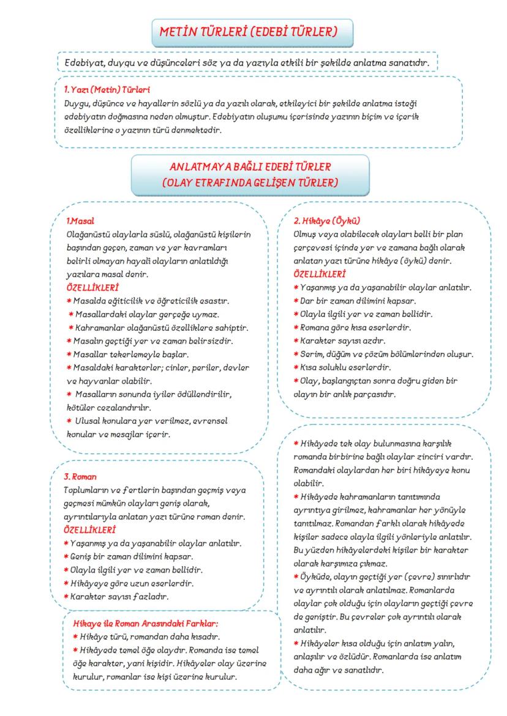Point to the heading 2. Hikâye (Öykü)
(x=326, y=220)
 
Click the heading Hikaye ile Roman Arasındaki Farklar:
(x=145, y=624)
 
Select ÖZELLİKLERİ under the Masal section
(x=92, y=287)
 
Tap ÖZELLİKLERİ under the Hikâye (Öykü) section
(x=320, y=274)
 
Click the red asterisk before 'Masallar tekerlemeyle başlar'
(x=69, y=354)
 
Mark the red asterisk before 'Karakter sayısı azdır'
(x=297, y=341)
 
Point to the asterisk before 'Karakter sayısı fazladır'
(x=66, y=596)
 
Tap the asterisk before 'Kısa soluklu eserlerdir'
(x=297, y=367)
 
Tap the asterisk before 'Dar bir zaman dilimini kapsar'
(x=297, y=301)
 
